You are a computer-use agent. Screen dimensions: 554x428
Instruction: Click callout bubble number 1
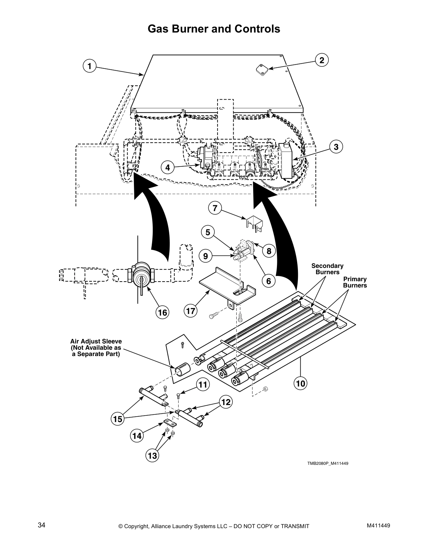pos(90,66)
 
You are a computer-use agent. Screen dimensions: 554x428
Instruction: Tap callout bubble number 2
pos(322,60)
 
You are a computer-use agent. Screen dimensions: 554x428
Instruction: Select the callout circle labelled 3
pos(336,147)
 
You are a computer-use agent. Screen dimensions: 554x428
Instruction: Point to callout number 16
pos(163,312)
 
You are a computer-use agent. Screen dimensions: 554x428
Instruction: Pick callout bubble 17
pos(191,311)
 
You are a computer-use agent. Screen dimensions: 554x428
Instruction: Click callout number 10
pos(300,384)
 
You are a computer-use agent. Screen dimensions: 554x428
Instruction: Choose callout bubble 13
pos(152,455)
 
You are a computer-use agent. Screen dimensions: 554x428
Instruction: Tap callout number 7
pos(215,208)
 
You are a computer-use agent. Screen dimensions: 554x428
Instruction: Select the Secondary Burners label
pos(327,269)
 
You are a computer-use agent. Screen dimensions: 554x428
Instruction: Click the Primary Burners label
pos(355,282)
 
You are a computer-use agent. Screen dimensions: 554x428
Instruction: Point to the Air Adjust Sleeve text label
pos(96,348)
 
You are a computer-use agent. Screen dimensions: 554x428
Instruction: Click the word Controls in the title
pos(257,29)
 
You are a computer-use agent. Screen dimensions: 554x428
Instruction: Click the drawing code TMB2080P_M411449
pos(328,463)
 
